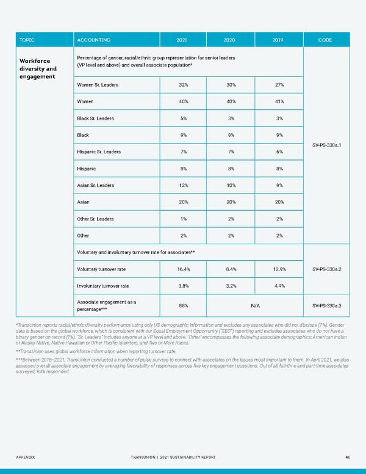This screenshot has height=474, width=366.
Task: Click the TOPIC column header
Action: click(27, 40)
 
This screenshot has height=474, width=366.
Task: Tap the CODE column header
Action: click(325, 40)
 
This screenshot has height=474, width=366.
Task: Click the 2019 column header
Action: click(279, 40)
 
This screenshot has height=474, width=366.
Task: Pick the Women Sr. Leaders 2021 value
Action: click(182, 85)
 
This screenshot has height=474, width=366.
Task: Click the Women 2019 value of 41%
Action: click(279, 101)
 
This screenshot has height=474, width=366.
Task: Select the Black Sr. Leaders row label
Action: click(95, 118)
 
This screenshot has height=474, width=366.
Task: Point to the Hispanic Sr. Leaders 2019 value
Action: click(279, 151)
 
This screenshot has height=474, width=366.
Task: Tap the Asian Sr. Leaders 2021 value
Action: click(182, 185)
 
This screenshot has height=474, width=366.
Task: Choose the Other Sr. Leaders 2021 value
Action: click(182, 219)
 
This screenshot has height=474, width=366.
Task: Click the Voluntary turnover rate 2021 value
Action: click(182, 269)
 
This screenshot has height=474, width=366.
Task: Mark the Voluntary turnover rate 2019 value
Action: click(279, 269)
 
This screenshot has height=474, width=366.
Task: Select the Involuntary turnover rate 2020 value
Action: click(231, 285)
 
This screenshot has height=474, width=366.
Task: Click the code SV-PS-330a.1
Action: click(325, 145)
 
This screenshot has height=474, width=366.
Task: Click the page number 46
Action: click(346, 457)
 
